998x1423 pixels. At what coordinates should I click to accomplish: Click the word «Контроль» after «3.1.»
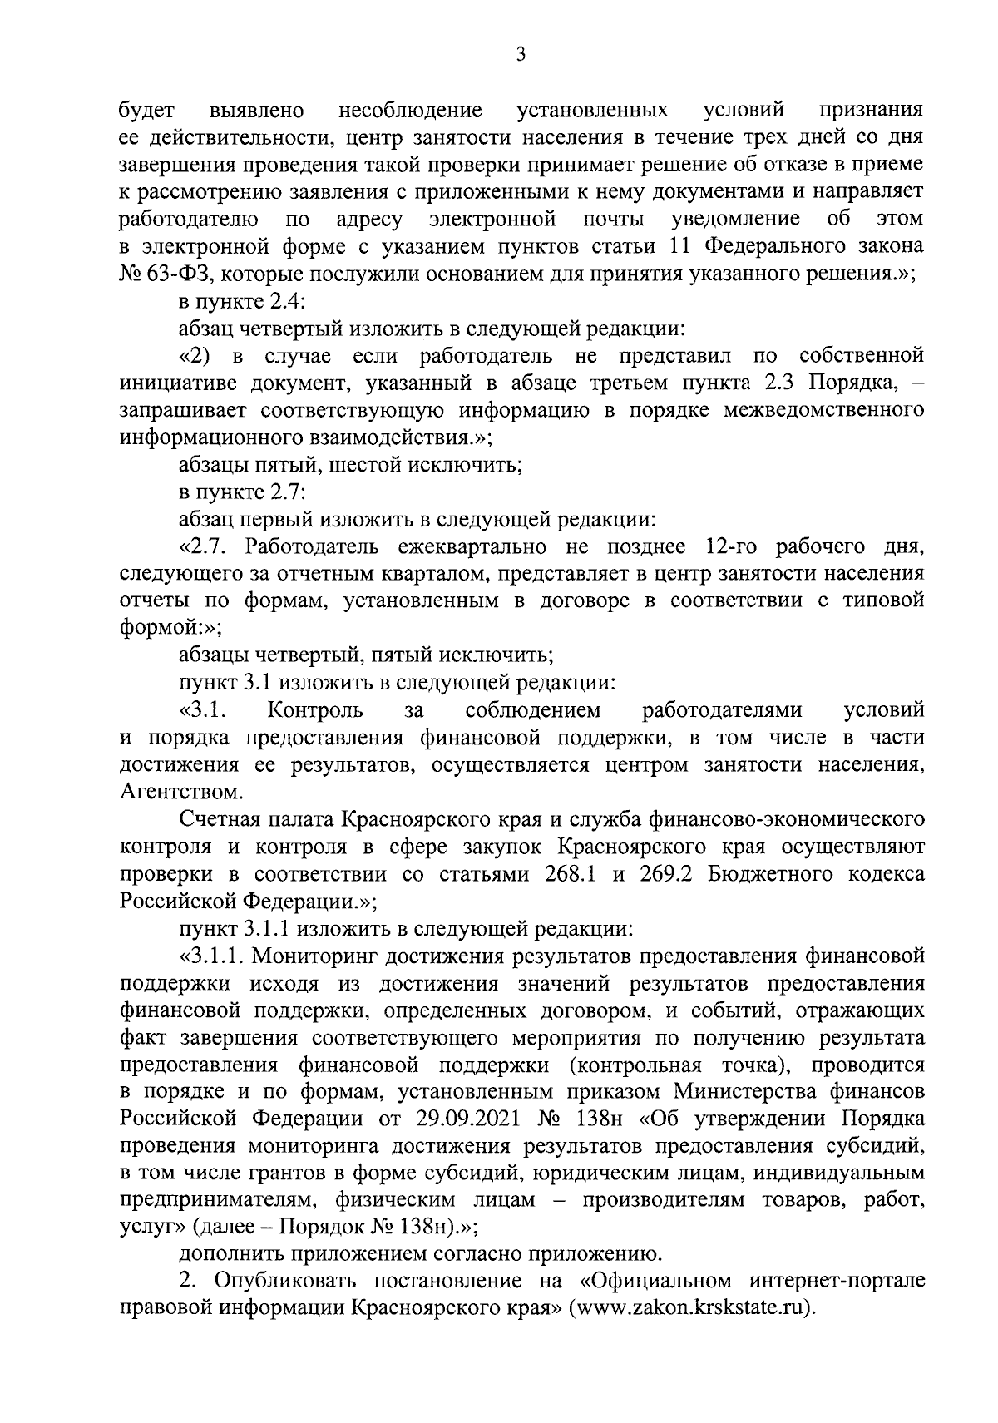coord(315,711)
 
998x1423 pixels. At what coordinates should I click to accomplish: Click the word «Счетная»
coord(219,820)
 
